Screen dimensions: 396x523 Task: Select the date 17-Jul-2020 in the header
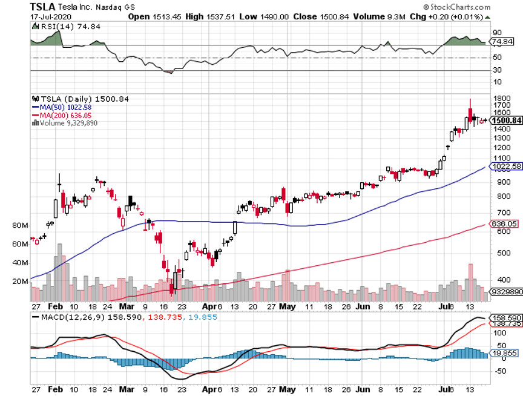pos(46,16)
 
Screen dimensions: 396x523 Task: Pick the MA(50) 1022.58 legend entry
pos(61,107)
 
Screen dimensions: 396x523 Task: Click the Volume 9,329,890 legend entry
pos(68,123)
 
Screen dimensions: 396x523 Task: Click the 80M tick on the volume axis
pos(20,225)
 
